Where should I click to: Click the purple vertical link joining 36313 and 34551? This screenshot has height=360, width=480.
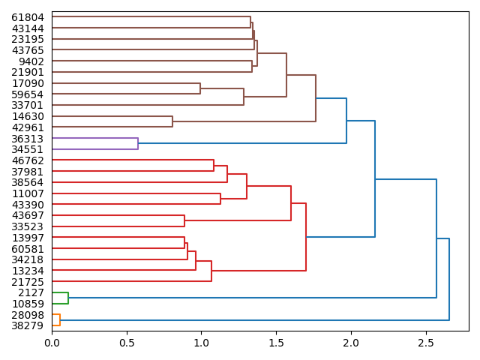pyautogui.click(x=138, y=144)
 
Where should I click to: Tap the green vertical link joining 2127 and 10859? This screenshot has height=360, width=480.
pyautogui.click(x=68, y=298)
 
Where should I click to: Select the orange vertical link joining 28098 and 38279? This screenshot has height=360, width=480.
pyautogui.click(x=60, y=320)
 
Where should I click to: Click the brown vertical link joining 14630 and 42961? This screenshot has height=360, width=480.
pyautogui.click(x=172, y=121)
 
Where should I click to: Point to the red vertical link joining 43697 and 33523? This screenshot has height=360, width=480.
pyautogui.click(x=184, y=221)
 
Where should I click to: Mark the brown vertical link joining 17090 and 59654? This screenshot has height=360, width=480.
pyautogui.click(x=200, y=88)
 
